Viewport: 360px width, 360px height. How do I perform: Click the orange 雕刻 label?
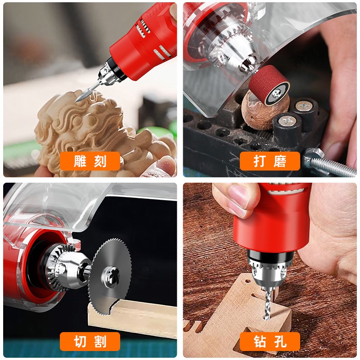(x=90, y=161)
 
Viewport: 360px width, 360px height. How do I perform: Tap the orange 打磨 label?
(x=270, y=161)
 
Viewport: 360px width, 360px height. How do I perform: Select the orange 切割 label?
(x=90, y=342)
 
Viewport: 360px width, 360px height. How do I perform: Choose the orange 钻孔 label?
(x=270, y=342)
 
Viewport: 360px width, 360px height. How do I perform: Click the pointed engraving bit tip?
(x=76, y=101)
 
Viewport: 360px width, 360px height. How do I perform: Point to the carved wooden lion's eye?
(x=76, y=120)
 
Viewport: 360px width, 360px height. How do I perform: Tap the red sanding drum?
(x=269, y=85)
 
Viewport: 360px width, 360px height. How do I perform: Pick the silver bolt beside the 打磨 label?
(x=329, y=162)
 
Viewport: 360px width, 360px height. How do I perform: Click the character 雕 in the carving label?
(x=80, y=161)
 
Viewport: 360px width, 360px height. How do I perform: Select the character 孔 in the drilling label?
(x=280, y=342)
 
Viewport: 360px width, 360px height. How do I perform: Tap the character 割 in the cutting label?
(x=100, y=342)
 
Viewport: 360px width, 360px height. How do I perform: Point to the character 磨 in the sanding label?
(x=280, y=161)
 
